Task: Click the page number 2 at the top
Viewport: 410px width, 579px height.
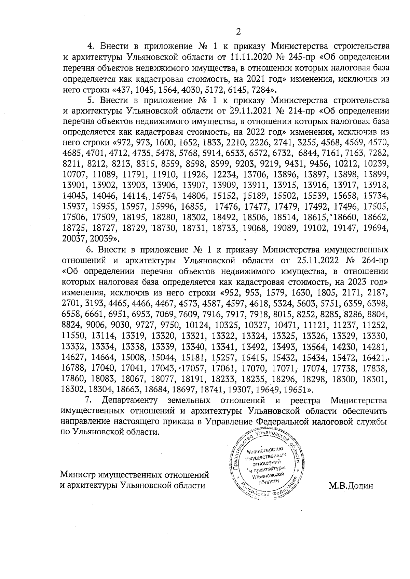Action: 238,31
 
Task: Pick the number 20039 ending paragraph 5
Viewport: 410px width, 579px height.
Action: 104,238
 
